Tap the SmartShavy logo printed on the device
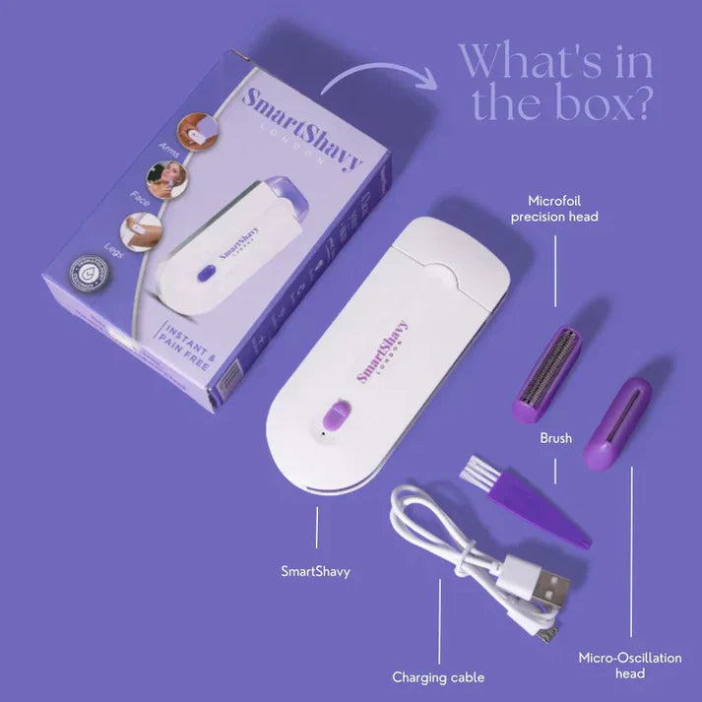tap(383, 351)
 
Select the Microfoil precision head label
tap(554, 209)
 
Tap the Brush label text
tap(555, 438)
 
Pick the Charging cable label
tap(438, 677)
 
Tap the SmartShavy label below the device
tap(316, 570)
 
